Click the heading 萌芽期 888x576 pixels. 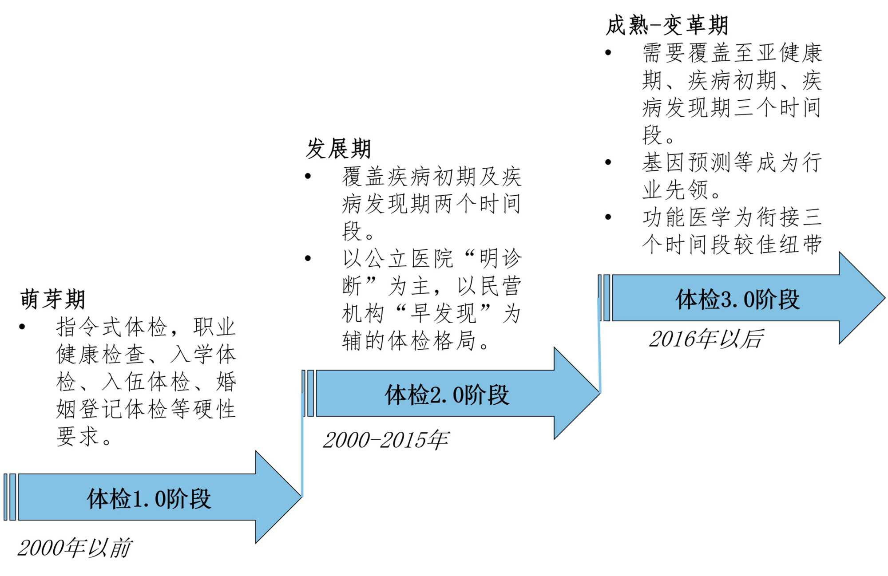coord(52,299)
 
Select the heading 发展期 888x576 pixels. coord(338,148)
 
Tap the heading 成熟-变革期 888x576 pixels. coord(667,25)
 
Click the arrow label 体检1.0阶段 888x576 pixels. coord(149,498)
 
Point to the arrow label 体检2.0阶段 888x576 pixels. coord(447,395)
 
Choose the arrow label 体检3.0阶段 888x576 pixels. coord(737,299)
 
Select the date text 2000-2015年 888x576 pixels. coord(385,440)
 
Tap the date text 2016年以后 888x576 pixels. coord(706,339)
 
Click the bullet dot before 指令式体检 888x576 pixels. coord(22,327)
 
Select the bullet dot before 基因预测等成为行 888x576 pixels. coord(608,162)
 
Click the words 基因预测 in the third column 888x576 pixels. coord(687,162)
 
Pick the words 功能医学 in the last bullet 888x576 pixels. coord(687,217)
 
